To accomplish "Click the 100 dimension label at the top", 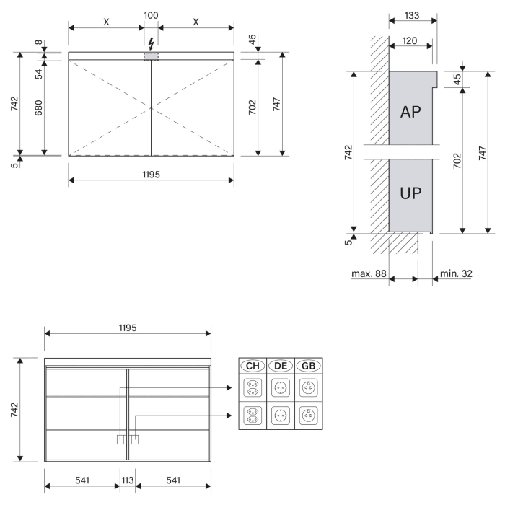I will (x=151, y=15).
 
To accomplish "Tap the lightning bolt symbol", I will (x=151, y=43).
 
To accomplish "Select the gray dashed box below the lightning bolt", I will (x=151, y=56).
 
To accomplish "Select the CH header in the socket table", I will (x=252, y=366).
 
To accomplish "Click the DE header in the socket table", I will (x=281, y=366).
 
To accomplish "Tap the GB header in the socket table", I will (x=308, y=366).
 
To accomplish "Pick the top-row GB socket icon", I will (x=308, y=388).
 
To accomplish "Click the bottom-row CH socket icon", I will (x=252, y=416).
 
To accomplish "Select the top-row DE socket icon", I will (x=281, y=388).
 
